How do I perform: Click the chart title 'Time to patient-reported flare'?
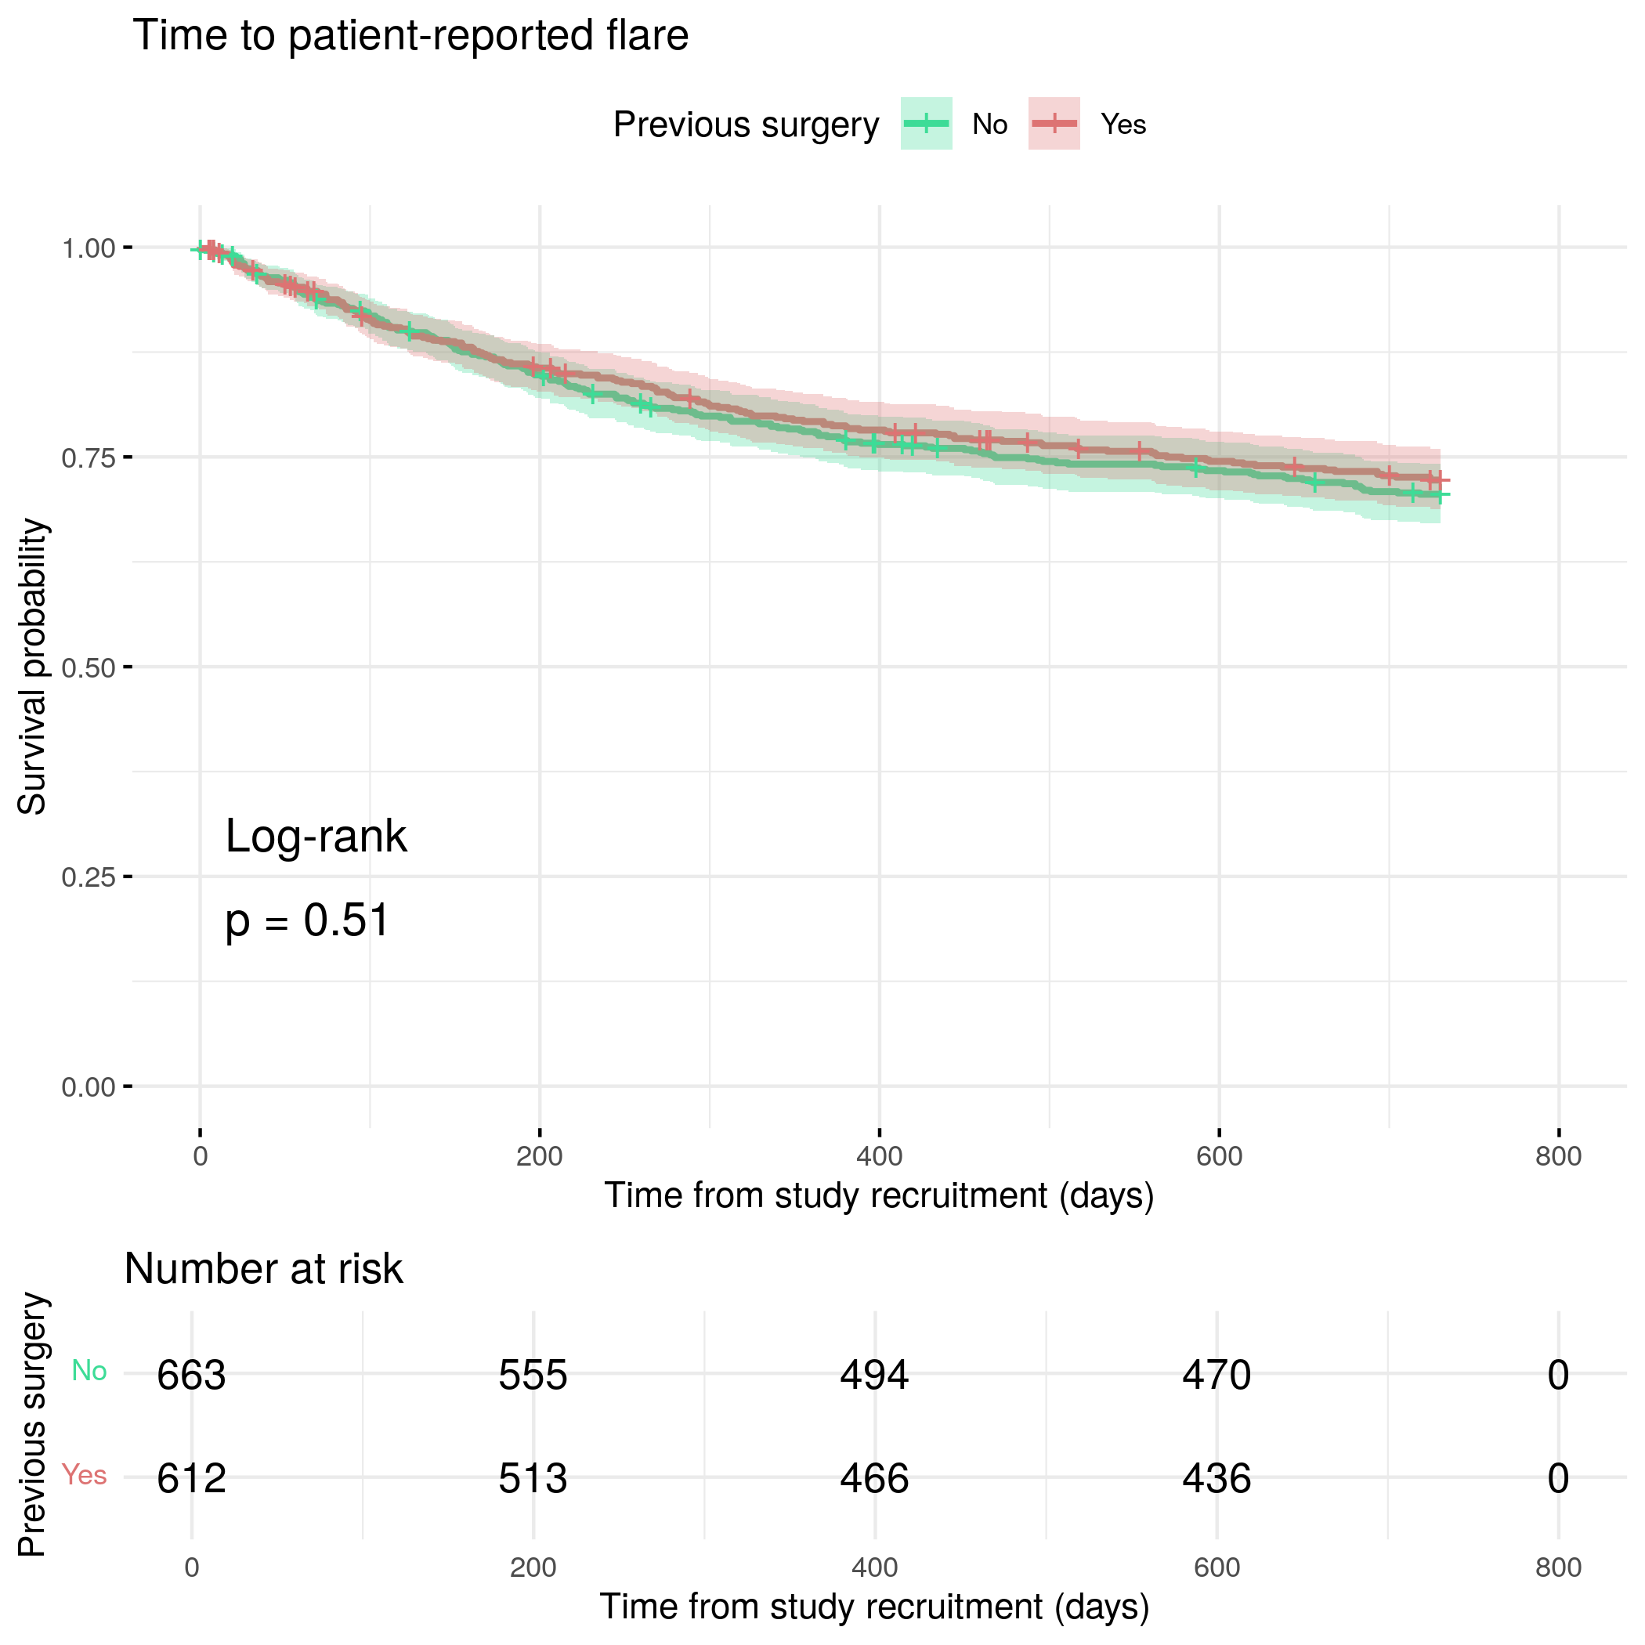click(x=410, y=36)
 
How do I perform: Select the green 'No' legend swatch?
click(x=926, y=125)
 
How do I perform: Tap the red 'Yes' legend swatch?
click(x=1054, y=125)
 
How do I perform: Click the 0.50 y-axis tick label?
click(x=89, y=667)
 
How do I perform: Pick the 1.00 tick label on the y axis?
click(x=89, y=248)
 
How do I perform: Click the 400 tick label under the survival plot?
click(x=879, y=1156)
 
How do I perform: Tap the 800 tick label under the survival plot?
click(x=1558, y=1156)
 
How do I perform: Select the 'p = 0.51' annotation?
click(x=307, y=921)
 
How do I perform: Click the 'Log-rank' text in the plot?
click(x=316, y=836)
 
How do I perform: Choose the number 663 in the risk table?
click(x=192, y=1375)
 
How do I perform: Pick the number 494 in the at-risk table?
click(x=874, y=1375)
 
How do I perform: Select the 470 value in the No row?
click(x=1217, y=1375)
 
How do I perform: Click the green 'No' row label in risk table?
click(x=89, y=1371)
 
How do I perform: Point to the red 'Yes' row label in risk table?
click(x=85, y=1475)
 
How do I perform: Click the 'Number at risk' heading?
click(x=263, y=1270)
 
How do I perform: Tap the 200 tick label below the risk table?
click(x=533, y=1567)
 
